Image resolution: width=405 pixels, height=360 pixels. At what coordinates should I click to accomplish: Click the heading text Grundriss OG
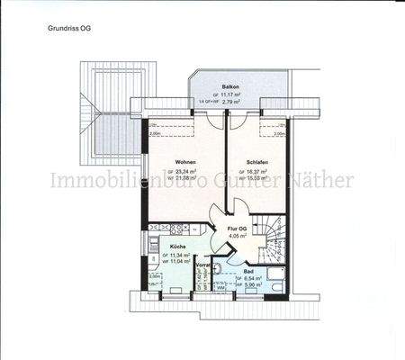68,29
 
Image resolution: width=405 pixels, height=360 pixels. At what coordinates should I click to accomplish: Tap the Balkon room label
231,86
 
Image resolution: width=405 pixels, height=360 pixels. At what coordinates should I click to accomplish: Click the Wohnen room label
186,162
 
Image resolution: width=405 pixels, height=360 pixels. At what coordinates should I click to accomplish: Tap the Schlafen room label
259,162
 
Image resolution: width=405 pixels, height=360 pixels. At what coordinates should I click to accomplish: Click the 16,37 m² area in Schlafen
262,171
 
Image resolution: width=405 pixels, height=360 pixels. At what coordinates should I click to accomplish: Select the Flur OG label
238,229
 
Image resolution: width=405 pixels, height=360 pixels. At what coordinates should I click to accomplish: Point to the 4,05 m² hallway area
238,238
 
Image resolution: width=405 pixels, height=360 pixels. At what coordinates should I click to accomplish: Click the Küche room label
178,247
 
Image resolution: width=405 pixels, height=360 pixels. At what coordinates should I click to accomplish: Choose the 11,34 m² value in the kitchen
181,255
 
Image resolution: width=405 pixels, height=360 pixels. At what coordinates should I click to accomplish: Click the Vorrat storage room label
203,266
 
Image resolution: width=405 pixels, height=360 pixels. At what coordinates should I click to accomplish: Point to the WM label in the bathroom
220,287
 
